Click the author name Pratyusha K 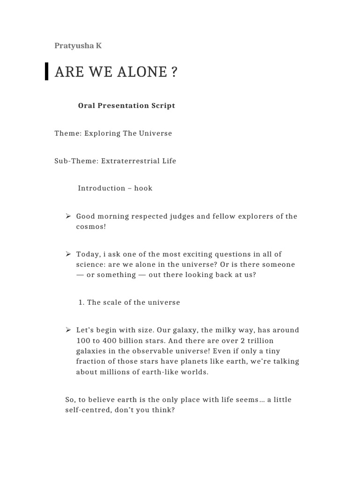coord(78,46)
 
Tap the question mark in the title coord(174,72)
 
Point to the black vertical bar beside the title coord(46,71)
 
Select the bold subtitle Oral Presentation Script coord(127,105)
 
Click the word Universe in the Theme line coord(155,133)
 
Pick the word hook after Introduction coord(143,188)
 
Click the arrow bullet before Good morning coord(68,216)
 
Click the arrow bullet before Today coord(68,254)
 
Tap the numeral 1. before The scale coord(82,302)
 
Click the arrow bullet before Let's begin coord(68,330)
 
